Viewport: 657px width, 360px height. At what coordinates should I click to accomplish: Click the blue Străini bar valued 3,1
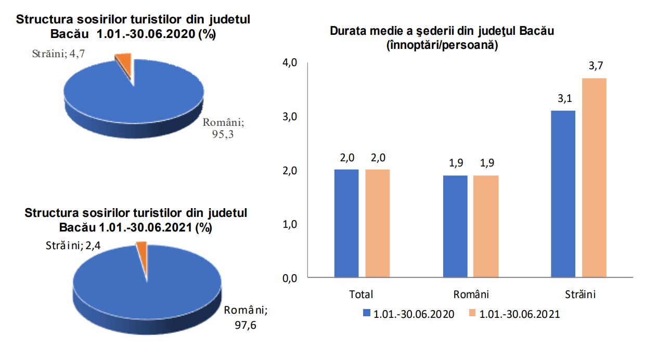tap(563, 194)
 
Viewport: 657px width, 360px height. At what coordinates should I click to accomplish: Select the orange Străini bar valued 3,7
tap(594, 177)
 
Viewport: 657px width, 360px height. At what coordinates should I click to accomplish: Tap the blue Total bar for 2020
tap(346, 223)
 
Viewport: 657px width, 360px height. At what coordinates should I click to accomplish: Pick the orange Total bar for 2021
tap(377, 223)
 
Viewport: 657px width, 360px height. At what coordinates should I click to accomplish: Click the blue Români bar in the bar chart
tap(455, 226)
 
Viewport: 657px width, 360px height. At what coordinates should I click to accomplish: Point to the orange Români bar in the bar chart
tap(486, 226)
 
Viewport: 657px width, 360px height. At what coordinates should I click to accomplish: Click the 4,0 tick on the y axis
tap(289, 63)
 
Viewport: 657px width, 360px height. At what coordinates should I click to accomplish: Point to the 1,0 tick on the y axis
tap(289, 224)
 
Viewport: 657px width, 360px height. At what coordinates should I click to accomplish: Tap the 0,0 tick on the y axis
tap(289, 278)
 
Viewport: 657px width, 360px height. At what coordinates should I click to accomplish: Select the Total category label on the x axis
tap(361, 294)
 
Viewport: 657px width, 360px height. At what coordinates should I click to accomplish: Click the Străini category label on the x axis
tap(580, 294)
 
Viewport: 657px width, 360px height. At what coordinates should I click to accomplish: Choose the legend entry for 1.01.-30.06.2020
tap(408, 314)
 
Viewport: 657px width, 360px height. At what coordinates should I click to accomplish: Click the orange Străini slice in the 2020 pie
tap(124, 63)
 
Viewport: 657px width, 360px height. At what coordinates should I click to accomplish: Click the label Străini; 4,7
tap(58, 54)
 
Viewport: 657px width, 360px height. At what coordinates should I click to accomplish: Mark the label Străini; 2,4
tap(72, 245)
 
